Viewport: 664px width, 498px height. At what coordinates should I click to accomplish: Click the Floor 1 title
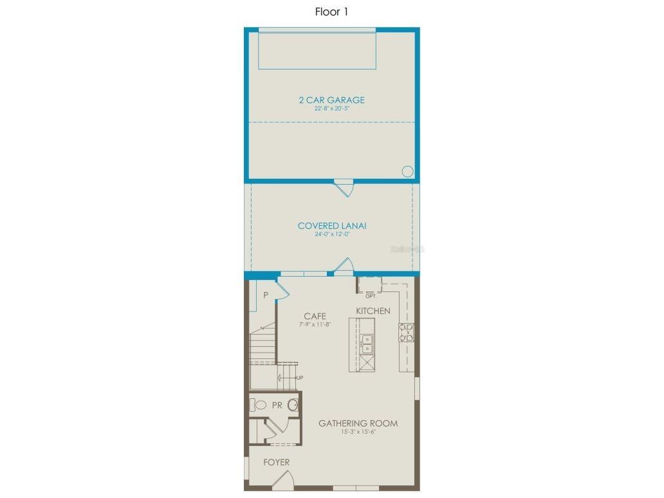(x=331, y=12)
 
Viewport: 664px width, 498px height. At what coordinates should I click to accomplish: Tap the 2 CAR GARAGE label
(x=331, y=100)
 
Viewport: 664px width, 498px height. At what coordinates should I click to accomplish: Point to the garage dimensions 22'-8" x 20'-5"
(x=331, y=109)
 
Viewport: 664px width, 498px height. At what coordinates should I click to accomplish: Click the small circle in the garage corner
(x=407, y=171)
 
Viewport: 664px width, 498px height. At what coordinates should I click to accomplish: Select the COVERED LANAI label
(x=332, y=226)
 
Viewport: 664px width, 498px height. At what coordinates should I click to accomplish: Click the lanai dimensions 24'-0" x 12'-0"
(x=332, y=234)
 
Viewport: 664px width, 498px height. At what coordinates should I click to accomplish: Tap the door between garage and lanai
(x=344, y=187)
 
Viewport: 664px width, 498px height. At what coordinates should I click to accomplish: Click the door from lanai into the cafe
(x=344, y=266)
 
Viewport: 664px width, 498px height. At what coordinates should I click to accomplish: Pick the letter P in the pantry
(x=265, y=295)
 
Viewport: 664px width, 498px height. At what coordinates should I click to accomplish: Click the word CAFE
(x=315, y=316)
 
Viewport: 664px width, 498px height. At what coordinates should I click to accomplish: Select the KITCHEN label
(x=373, y=311)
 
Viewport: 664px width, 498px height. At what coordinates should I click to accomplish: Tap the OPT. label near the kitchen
(x=371, y=296)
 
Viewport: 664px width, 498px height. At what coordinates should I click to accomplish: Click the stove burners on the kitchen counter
(x=406, y=332)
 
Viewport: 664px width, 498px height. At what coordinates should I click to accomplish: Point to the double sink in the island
(x=366, y=344)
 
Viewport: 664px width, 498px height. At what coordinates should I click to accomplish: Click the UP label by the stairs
(x=300, y=378)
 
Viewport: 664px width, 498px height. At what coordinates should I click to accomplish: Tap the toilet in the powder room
(x=259, y=405)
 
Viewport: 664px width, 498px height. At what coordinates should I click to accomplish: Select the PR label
(x=277, y=405)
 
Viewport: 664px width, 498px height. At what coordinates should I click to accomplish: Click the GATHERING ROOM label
(x=358, y=423)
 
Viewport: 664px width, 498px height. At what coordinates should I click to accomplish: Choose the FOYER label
(x=276, y=462)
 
